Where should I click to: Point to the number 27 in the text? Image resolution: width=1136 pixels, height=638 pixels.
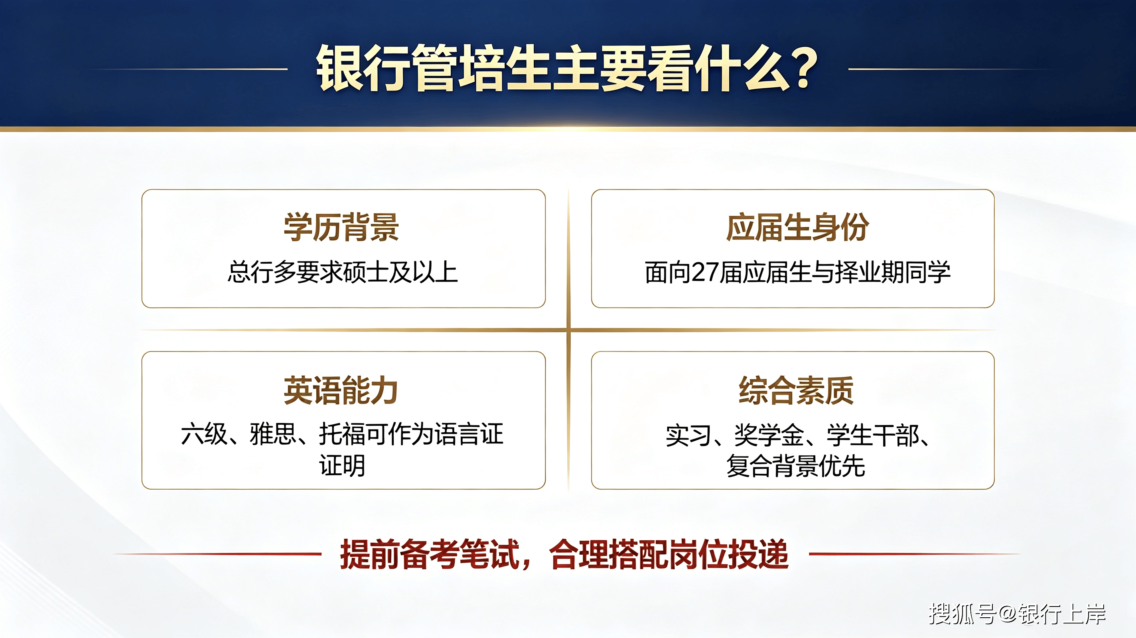pos(705,272)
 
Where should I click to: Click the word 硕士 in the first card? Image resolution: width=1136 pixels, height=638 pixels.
pos(365,272)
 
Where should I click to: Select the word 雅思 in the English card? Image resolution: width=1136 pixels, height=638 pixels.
pos(272,434)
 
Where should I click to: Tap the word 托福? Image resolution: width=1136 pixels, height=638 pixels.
pos(342,434)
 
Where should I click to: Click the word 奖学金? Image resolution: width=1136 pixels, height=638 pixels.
pos(769,435)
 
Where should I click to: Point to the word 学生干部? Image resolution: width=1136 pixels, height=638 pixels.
pos(873,435)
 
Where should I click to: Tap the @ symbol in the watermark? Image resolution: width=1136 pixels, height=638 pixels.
pos(1007,613)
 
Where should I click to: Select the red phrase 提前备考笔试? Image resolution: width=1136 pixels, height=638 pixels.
pos(430,554)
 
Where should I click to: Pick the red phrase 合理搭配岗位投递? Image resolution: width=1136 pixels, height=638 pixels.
pos(669,554)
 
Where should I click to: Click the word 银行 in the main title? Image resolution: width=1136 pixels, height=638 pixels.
pos(362,68)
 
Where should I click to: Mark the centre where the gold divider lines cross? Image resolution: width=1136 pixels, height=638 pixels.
pos(568,330)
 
